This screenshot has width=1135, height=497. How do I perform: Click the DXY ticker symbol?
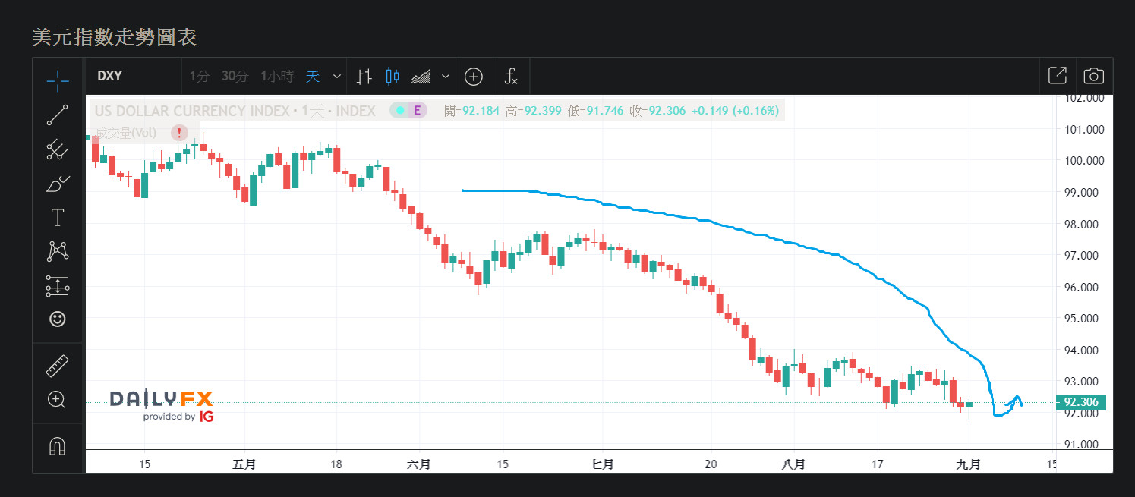click(x=110, y=76)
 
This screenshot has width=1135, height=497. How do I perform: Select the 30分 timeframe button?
click(x=235, y=76)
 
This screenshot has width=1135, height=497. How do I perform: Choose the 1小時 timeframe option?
click(x=276, y=76)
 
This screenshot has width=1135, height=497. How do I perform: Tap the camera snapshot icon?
click(x=1093, y=76)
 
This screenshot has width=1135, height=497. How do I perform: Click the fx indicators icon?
click(x=511, y=76)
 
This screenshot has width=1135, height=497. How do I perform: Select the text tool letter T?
click(x=58, y=218)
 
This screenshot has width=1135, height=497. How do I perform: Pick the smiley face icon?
click(x=58, y=319)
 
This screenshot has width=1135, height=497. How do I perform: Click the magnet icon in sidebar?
click(x=58, y=446)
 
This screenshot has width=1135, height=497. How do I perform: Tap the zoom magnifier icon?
click(x=58, y=399)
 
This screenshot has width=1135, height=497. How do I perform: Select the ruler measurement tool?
click(x=58, y=366)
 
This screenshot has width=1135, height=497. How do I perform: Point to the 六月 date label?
click(x=419, y=464)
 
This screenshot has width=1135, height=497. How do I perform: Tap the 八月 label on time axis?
click(x=794, y=464)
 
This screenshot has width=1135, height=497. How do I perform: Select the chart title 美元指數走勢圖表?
click(x=114, y=36)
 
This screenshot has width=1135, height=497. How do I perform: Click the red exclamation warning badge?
click(x=179, y=134)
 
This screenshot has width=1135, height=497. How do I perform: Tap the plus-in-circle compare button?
click(x=474, y=76)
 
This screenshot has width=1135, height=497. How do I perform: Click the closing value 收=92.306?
click(x=657, y=111)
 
